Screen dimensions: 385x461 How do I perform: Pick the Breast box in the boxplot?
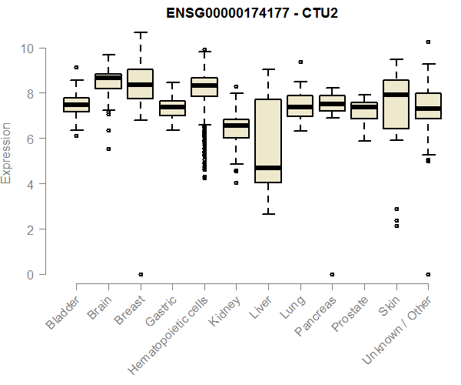point(141,94)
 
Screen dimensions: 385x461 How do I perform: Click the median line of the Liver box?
point(268,168)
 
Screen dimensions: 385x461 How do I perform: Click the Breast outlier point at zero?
point(141,274)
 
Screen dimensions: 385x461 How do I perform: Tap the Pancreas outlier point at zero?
point(332,274)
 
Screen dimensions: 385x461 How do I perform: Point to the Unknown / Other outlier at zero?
point(428,274)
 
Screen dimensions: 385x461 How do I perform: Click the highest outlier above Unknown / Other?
point(428,42)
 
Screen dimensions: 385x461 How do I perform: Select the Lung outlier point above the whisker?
point(300,62)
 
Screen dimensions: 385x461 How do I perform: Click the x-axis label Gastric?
point(158,311)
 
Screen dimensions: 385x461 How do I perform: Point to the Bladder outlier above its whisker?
point(76,68)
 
